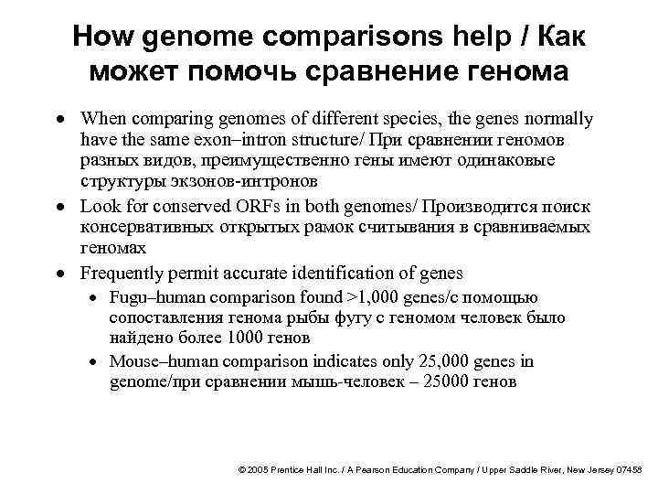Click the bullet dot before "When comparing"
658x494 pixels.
point(58,120)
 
